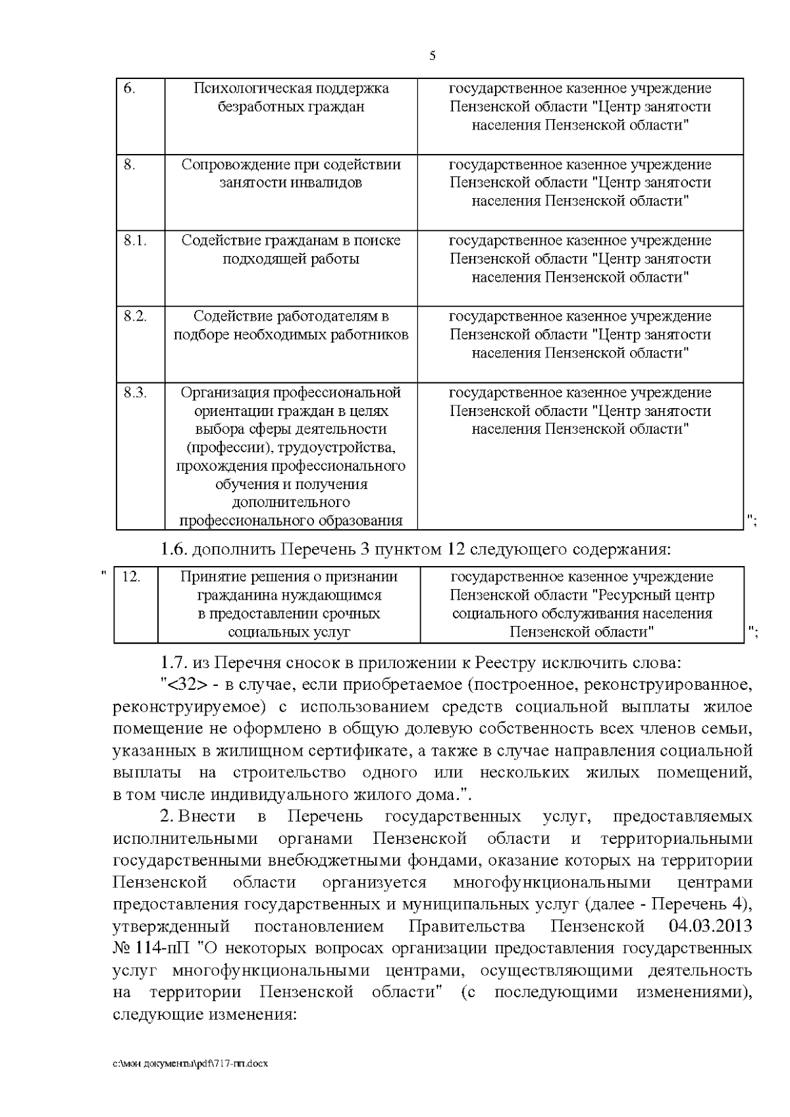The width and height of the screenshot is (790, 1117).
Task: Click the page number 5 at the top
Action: pyautogui.click(x=432, y=56)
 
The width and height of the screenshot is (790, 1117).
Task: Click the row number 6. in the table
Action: pyautogui.click(x=130, y=89)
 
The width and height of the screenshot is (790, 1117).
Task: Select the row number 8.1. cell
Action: pyautogui.click(x=134, y=241)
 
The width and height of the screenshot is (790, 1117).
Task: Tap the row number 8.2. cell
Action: pyautogui.click(x=134, y=317)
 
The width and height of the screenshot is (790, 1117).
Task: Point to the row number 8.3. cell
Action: pyautogui.click(x=134, y=393)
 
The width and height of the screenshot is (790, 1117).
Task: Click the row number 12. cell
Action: pyautogui.click(x=131, y=577)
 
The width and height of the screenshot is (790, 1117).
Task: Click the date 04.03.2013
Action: pyautogui.click(x=710, y=927)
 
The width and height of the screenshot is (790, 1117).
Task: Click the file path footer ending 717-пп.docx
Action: pyautogui.click(x=191, y=1064)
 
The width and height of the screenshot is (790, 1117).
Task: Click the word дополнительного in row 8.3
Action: pyautogui.click(x=291, y=503)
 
